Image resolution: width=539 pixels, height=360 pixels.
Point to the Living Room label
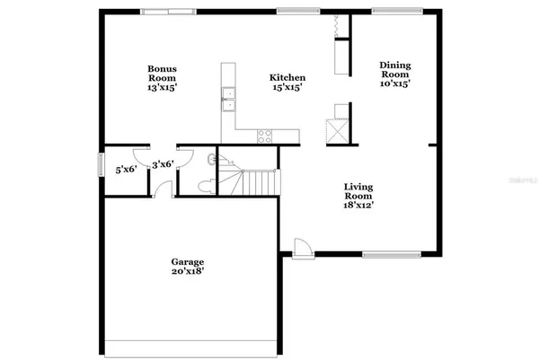[x=358, y=196]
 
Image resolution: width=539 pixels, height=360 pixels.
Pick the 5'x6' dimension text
[x=126, y=169]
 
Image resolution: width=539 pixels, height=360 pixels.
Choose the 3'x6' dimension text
[x=163, y=164]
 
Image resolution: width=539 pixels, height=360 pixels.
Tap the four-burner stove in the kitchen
[x=267, y=136]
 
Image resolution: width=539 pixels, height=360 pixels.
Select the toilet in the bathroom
[x=204, y=186]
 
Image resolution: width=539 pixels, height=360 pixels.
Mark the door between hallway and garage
[x=162, y=189]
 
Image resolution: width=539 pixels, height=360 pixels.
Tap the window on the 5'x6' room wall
[x=100, y=166]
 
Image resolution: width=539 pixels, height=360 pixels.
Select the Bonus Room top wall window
[x=165, y=11]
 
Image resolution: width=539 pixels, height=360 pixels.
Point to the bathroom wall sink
[x=212, y=160]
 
